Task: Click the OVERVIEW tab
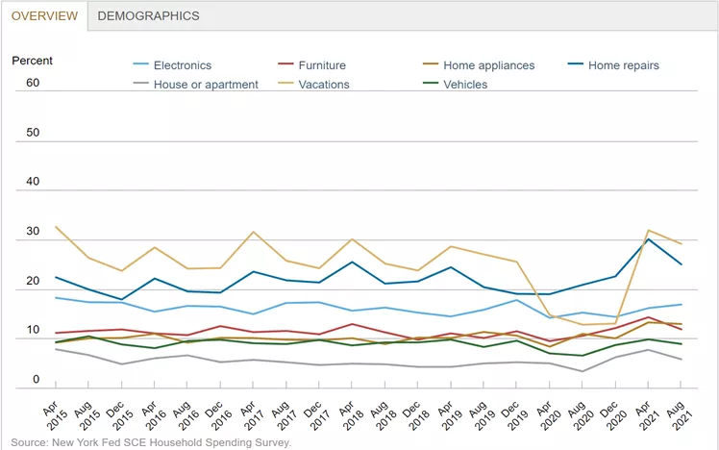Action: [x=44, y=15]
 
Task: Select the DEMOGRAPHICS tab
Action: [x=149, y=15]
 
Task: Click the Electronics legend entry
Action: [x=181, y=65]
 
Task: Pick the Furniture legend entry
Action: [x=321, y=65]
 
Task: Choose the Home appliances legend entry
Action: [x=488, y=65]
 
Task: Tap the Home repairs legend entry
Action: [x=623, y=65]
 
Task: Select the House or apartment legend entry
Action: [x=204, y=85]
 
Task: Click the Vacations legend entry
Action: [x=323, y=85]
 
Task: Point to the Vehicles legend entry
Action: [x=465, y=85]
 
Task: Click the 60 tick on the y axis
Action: [x=33, y=83]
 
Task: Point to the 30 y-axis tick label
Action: [x=33, y=232]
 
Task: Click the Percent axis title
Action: [x=33, y=61]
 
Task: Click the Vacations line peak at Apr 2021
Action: [x=651, y=231]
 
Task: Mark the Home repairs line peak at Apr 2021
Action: [x=651, y=239]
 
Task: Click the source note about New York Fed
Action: [x=151, y=443]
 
